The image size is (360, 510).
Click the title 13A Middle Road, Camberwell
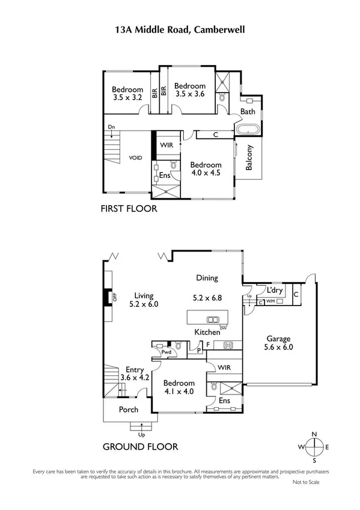point(180,28)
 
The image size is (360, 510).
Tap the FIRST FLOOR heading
point(129,209)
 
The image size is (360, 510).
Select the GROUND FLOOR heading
point(140,446)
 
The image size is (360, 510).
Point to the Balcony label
point(249,158)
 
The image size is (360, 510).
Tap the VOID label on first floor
point(136,158)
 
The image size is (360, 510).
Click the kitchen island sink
point(213,319)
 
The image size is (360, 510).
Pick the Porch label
point(128,410)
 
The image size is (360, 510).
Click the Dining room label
point(207,278)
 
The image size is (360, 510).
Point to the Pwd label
point(159,352)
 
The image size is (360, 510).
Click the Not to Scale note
point(307,482)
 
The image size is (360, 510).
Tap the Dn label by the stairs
point(112,127)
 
